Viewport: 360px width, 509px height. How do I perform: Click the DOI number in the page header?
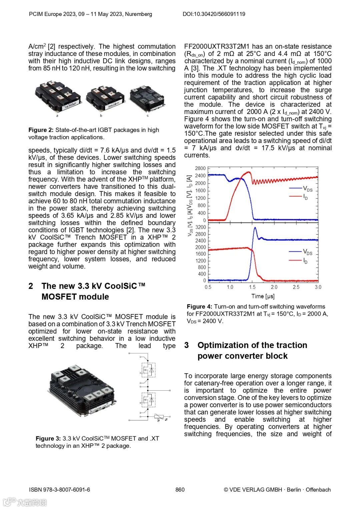pos(214,14)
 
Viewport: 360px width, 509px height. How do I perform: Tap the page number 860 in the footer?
pos(180,490)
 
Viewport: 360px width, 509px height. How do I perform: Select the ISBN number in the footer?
pos(59,490)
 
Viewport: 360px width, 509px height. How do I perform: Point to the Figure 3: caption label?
pos(48,439)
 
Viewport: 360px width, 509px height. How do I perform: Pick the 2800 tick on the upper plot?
pos(200,168)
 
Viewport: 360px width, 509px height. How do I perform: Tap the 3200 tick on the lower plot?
pos(200,227)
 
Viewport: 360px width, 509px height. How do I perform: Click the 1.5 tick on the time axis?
pos(252,287)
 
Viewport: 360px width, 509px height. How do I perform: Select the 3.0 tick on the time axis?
pos(318,287)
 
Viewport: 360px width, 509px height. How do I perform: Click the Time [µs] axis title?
pos(263,296)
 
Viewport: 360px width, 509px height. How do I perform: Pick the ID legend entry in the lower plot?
pos(305,261)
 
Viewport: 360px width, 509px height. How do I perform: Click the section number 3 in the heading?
pos(187,345)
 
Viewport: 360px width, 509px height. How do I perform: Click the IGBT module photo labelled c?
pos(147,97)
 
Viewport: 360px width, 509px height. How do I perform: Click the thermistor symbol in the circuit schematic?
pos(158,417)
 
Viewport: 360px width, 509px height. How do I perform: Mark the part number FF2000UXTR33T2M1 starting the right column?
pos(217,46)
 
